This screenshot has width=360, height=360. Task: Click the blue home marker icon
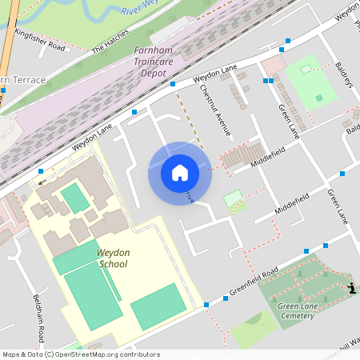(x=180, y=173)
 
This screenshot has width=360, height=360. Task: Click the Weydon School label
(x=113, y=258)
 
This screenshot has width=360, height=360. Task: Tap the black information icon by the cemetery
(x=351, y=289)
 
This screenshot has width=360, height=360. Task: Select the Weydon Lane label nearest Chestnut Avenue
(x=216, y=77)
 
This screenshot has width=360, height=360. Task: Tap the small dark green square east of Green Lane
(x=319, y=98)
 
